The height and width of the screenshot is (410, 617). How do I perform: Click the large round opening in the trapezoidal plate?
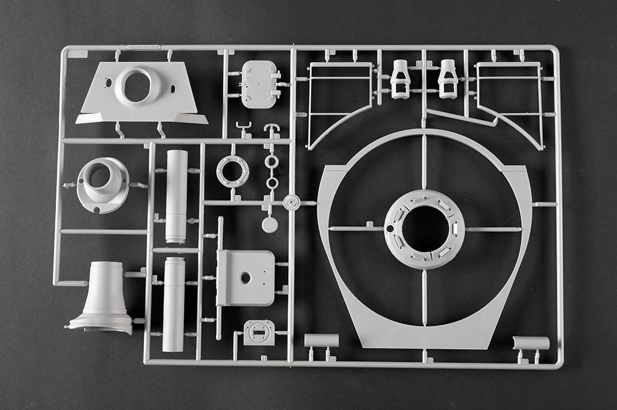(x=138, y=86)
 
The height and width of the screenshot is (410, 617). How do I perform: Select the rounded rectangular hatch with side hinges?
(x=258, y=84)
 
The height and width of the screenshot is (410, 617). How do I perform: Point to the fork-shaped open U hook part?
(x=244, y=128)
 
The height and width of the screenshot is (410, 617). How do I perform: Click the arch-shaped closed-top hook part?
(x=272, y=129)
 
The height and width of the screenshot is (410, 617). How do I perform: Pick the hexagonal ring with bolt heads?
(x=233, y=171)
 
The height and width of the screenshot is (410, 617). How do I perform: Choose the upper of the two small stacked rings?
(x=271, y=162)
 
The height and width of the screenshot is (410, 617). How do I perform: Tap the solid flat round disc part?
(x=270, y=225)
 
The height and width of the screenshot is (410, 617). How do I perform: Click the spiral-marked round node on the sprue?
(x=292, y=203)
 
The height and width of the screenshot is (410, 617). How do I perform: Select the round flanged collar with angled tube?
(x=102, y=184)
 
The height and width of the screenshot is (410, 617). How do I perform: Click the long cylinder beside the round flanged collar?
(x=176, y=196)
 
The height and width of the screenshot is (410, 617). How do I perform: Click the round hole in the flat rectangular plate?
(x=245, y=278)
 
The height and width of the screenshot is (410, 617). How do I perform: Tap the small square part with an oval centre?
(x=259, y=333)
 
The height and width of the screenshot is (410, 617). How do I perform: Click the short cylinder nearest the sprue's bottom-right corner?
(x=531, y=343)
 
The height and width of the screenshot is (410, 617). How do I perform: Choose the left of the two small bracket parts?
(x=400, y=79)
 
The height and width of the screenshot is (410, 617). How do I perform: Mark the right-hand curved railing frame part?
(x=510, y=99)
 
